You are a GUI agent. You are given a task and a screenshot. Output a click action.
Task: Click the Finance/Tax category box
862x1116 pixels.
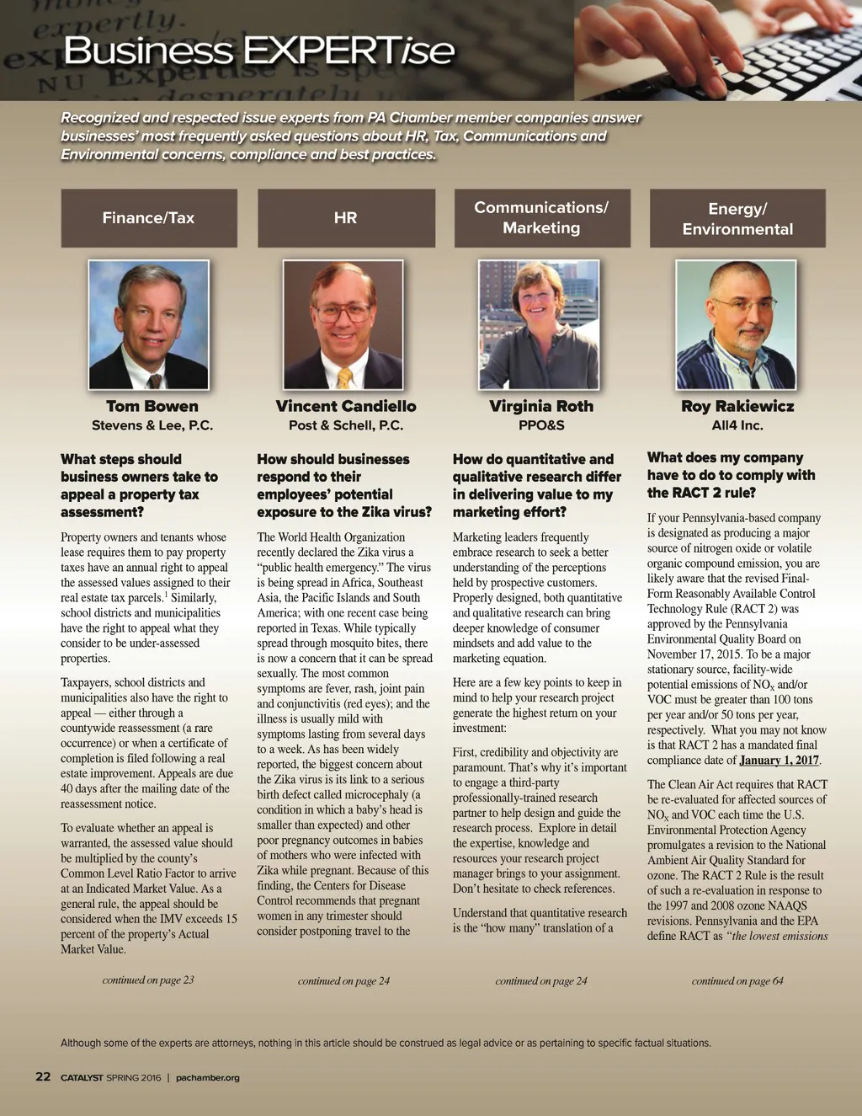click(x=149, y=218)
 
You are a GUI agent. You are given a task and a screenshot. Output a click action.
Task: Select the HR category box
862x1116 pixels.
click(x=346, y=218)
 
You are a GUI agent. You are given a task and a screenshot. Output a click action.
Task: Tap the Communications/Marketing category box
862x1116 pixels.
click(x=541, y=217)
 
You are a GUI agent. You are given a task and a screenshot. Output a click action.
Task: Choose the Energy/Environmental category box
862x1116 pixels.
click(x=737, y=219)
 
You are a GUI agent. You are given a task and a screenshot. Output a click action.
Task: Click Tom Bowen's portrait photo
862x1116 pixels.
click(x=149, y=324)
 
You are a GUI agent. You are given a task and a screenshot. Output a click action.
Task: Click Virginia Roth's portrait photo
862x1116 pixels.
click(x=539, y=324)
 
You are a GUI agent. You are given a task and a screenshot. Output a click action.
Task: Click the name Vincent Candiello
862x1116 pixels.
click(x=346, y=406)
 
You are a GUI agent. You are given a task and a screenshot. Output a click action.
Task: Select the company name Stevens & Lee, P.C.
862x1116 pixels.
click(x=152, y=425)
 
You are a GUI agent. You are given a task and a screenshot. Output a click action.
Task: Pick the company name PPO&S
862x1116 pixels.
click(x=541, y=425)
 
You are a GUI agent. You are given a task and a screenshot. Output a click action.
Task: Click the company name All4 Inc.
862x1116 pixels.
click(x=737, y=425)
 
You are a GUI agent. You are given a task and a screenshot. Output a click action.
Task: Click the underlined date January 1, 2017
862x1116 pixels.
click(x=779, y=761)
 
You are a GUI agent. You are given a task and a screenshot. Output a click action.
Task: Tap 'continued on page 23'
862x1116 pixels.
click(x=148, y=980)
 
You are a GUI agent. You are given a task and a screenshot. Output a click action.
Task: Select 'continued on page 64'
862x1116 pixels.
click(x=737, y=980)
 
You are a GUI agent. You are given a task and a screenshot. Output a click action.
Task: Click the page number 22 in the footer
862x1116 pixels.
click(x=43, y=1076)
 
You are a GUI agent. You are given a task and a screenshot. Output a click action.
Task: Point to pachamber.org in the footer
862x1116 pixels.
click(x=208, y=1077)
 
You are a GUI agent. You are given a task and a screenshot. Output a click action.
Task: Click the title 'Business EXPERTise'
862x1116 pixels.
click(x=259, y=51)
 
